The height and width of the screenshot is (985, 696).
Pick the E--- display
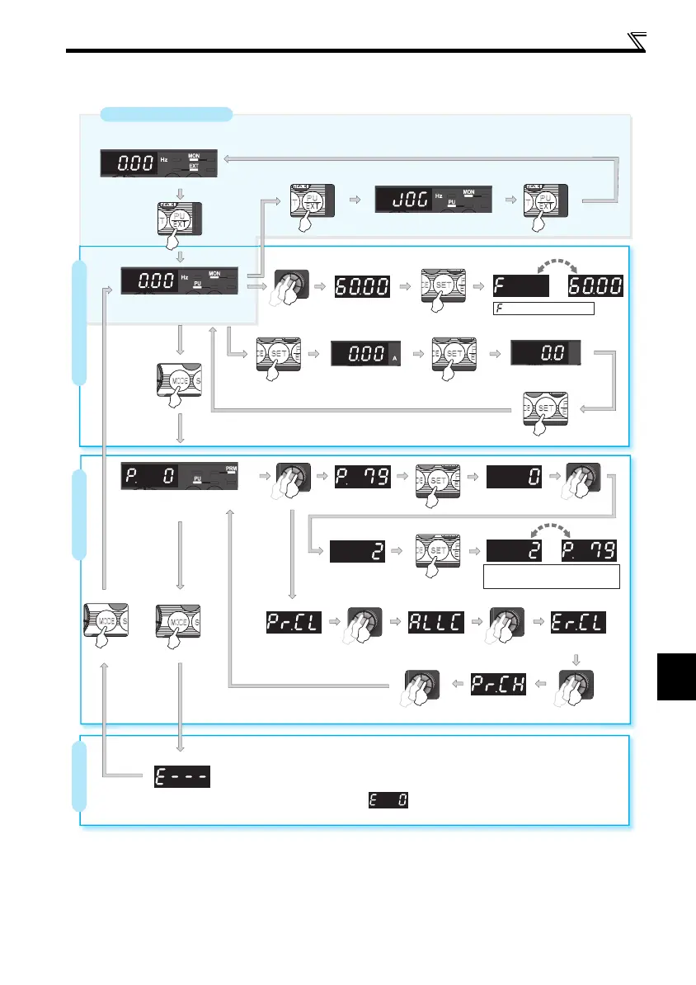(182, 776)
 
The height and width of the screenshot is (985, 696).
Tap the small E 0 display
(391, 801)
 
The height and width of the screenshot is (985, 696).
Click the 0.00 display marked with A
(364, 355)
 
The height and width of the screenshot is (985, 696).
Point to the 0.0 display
(545, 355)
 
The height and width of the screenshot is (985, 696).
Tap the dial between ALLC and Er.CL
(503, 624)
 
